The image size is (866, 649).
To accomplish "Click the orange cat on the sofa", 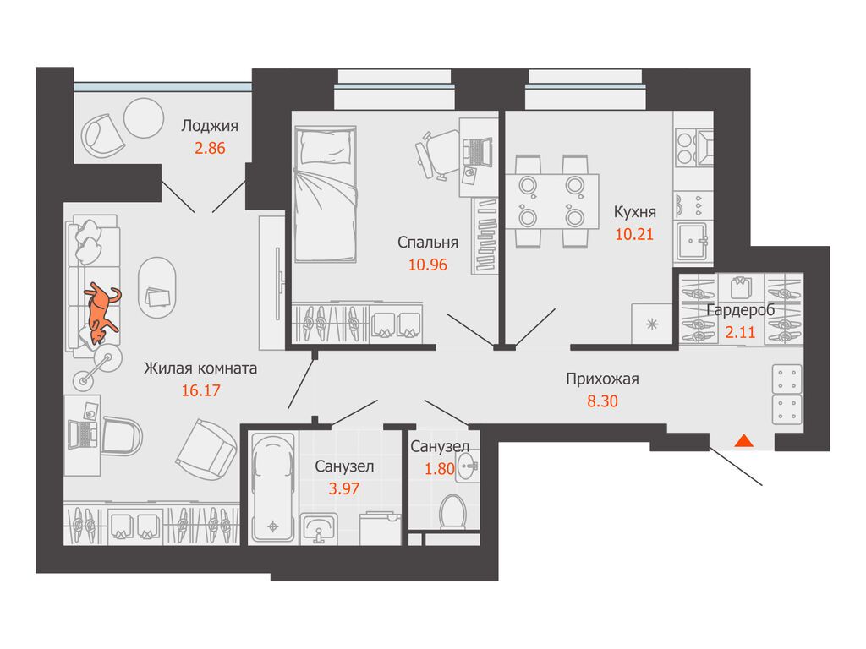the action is (x=101, y=313).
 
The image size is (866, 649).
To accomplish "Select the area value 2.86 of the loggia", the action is (x=210, y=148).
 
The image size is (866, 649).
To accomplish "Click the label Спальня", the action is (x=427, y=242).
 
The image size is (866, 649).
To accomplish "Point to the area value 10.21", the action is (x=634, y=234).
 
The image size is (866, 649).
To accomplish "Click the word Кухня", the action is (x=635, y=211).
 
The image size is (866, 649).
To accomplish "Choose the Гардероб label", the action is (x=741, y=309).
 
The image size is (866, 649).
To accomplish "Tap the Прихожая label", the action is (x=602, y=379).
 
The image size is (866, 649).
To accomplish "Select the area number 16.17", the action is (x=200, y=390).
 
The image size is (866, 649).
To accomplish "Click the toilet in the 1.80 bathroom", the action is (x=452, y=512).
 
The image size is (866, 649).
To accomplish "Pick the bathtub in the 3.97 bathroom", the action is (x=273, y=488).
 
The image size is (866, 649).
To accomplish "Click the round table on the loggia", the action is (x=144, y=118).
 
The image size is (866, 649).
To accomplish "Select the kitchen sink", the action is (x=693, y=240).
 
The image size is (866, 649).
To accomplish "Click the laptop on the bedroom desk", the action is (x=477, y=152).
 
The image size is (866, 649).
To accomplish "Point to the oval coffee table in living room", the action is (x=156, y=287).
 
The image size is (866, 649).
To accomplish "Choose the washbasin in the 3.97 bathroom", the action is (x=319, y=527).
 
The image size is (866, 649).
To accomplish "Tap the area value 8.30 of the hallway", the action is (x=602, y=401).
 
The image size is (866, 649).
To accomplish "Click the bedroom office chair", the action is (x=436, y=153).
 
